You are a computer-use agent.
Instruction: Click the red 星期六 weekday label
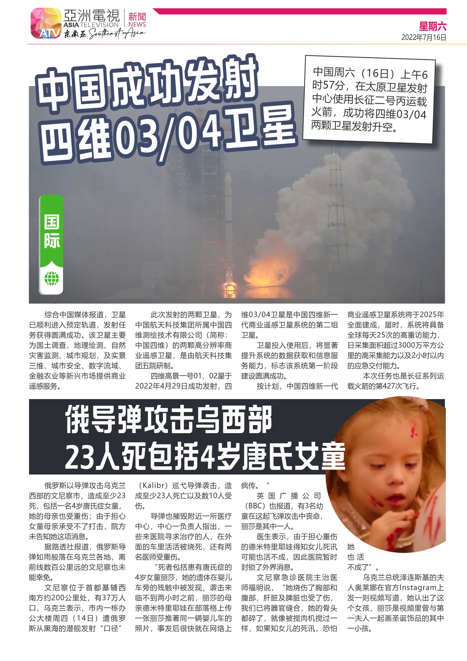pyautogui.click(x=432, y=27)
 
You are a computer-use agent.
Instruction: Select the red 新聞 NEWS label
pyautogui.click(x=137, y=20)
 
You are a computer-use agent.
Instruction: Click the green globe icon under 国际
pyautogui.click(x=51, y=278)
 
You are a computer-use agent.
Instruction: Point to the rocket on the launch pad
pyautogui.click(x=228, y=219)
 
